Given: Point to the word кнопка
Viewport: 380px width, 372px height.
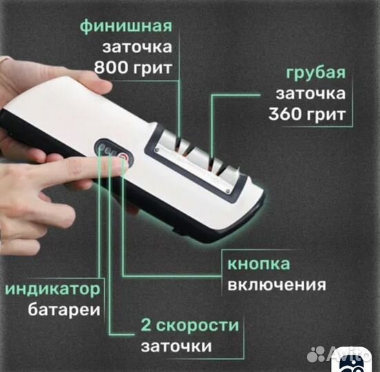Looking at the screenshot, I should [x=261, y=264].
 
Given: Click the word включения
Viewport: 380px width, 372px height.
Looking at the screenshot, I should [x=277, y=285].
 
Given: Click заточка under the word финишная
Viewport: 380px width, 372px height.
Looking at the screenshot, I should [x=137, y=48].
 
